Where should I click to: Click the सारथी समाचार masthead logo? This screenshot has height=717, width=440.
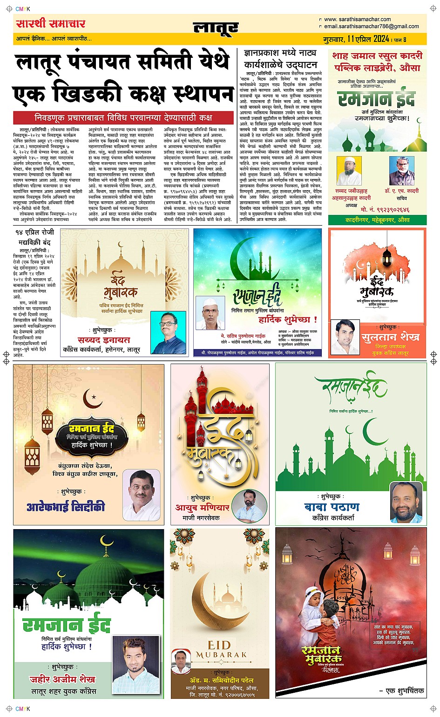51,24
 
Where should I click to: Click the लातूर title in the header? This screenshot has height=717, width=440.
216,28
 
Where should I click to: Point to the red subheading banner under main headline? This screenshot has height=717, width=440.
123,117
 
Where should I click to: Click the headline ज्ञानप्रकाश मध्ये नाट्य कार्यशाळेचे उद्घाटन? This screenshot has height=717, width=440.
280,59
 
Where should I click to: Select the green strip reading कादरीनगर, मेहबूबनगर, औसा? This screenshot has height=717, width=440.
377,220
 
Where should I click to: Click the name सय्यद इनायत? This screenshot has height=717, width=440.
104,340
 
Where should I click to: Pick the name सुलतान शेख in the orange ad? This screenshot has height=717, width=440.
390,337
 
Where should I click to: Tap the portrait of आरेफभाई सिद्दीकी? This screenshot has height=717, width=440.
141,495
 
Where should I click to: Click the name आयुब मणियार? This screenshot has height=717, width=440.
202,507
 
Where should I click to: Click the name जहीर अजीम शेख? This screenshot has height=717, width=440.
62,679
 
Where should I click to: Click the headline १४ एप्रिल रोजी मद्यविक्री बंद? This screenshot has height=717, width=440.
34,237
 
